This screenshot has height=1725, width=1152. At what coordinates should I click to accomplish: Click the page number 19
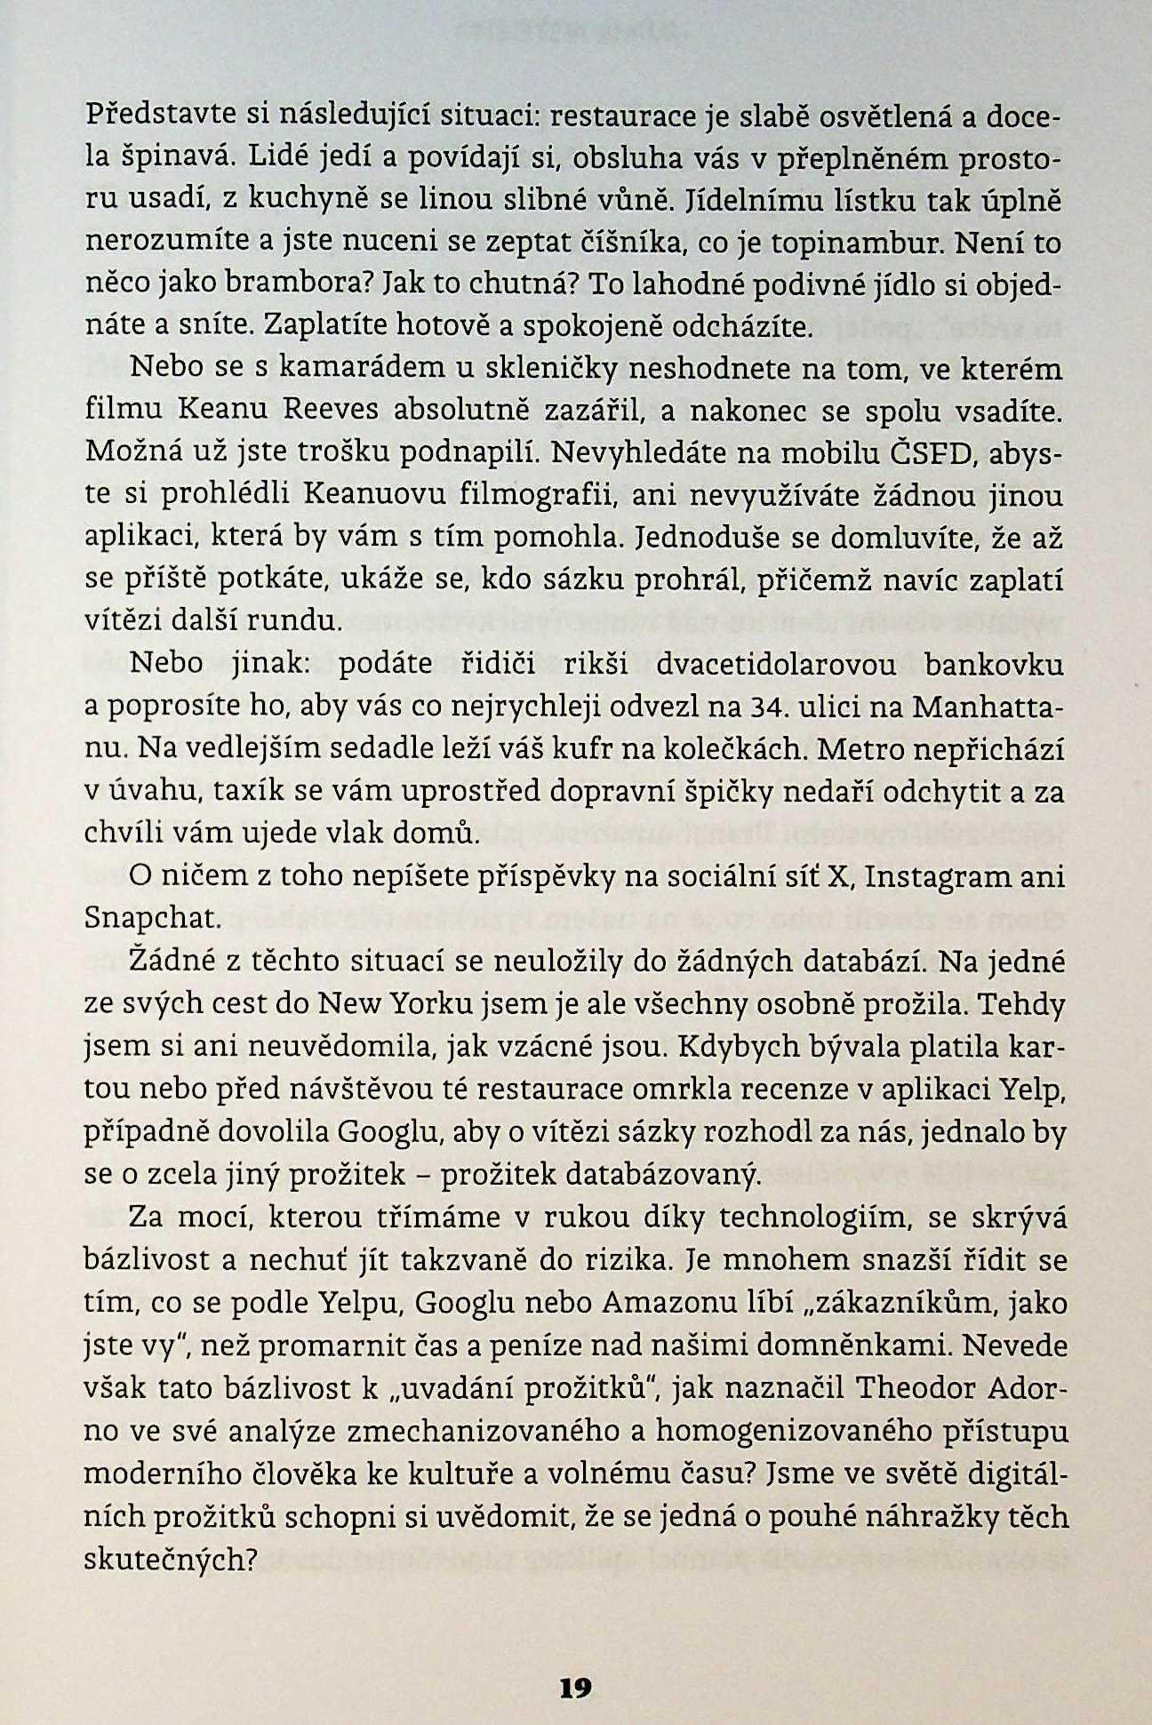[x=576, y=1687]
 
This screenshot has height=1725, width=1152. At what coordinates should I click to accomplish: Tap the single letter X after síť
[x=834, y=875]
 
